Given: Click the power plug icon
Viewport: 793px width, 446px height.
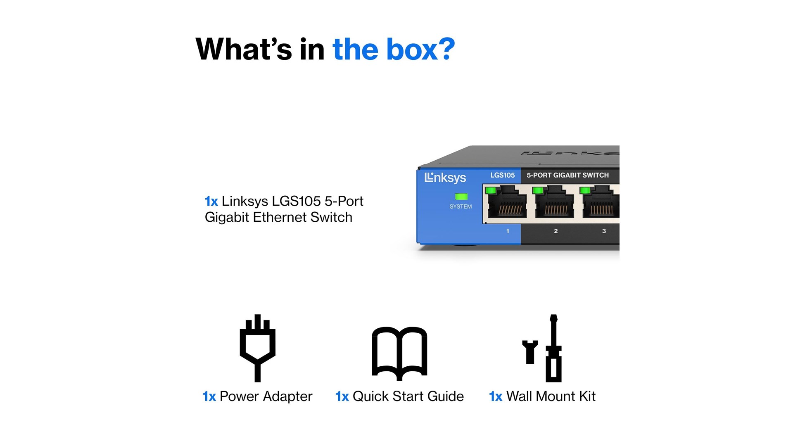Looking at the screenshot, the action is point(258,348).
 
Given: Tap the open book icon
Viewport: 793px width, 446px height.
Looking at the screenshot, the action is point(399,353).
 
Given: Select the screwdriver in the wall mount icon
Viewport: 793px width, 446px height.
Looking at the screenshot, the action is point(553,348).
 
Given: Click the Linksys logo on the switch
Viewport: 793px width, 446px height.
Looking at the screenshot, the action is point(445,178).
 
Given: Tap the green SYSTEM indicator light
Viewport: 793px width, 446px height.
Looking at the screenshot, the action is point(461,197).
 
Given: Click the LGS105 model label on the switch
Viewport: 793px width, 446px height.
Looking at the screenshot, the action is point(503,175).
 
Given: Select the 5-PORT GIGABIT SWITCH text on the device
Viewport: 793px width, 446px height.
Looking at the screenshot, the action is point(567,175).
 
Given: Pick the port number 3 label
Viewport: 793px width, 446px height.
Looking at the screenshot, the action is point(604,231).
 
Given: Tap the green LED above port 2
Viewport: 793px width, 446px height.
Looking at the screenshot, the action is point(538,190).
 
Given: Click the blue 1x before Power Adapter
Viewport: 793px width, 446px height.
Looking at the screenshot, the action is point(209,396).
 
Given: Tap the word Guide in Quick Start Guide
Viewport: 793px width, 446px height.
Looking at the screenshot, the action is point(446,396).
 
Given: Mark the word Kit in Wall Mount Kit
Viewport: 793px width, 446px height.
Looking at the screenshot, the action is point(587,396).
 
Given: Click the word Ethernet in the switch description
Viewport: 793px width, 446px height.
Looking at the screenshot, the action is point(280,217).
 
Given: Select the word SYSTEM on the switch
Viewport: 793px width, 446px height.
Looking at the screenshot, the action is point(461,206).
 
